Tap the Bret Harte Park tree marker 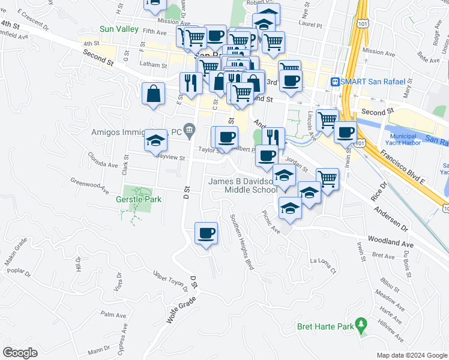[x=361, y=325]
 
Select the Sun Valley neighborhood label [x=119, y=29]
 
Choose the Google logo [x=20, y=352]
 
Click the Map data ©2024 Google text [x=412, y=355]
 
